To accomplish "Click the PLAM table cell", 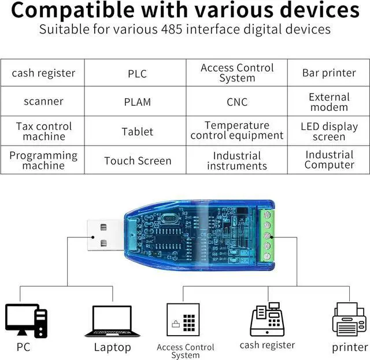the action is pos(138,102).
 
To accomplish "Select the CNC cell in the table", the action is pos(237,102).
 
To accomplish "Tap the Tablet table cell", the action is pos(138,131).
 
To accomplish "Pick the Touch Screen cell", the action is pos(138,160).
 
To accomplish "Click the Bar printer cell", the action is pos(329,73).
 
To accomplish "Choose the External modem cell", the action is pos(329,102).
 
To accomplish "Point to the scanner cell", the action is pos(43,102).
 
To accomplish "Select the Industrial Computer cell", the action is pos(329,160).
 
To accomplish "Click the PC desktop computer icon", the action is pos(26,321).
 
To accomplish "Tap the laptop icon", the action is pos(112,321).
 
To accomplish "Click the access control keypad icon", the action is pos(183,320).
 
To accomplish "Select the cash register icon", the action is pos(267,319).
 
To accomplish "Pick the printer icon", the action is pos(349,320).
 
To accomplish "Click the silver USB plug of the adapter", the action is pos(105,235).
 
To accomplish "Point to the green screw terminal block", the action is pos(267,235).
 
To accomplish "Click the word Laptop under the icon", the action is pos(112,347).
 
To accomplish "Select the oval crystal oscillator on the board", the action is pos(169,218).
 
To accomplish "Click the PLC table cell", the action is pos(138,73).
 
